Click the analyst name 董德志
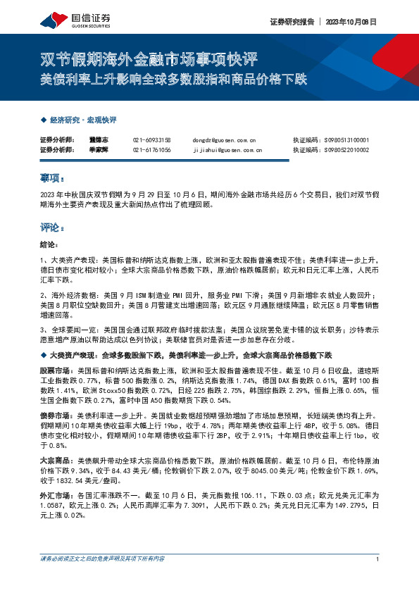[x=99, y=140]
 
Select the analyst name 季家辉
[x=99, y=149]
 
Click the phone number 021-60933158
[x=151, y=140]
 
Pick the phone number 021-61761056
[x=151, y=149]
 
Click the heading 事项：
[x=52, y=179]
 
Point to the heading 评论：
[x=52, y=228]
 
